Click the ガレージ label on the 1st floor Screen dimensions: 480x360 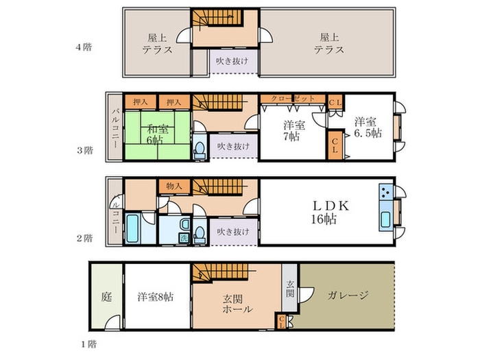tap(348, 296)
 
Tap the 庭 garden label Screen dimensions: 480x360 tap(106, 297)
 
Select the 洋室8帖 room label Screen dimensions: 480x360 tap(156, 297)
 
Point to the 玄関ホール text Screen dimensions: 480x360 tap(237, 303)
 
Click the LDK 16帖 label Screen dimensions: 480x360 tap(330, 213)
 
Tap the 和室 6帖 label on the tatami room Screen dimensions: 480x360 tap(157, 134)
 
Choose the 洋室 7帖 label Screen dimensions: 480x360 tap(293, 130)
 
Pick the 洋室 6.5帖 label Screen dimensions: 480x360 tap(368, 128)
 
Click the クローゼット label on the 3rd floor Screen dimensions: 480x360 tap(292, 99)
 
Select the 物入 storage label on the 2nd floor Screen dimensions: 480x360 tap(174, 186)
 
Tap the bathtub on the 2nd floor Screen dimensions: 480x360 tap(133, 228)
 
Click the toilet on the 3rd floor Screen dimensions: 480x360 tap(200, 149)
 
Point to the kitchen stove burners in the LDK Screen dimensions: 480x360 tap(385, 193)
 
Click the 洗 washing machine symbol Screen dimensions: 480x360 tap(184, 238)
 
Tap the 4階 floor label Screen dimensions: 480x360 tap(84, 47)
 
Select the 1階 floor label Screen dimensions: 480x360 tap(88, 344)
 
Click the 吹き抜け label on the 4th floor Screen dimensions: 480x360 tap(232, 61)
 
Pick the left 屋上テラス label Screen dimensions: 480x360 tap(157, 44)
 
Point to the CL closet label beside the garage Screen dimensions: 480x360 tap(281, 322)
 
